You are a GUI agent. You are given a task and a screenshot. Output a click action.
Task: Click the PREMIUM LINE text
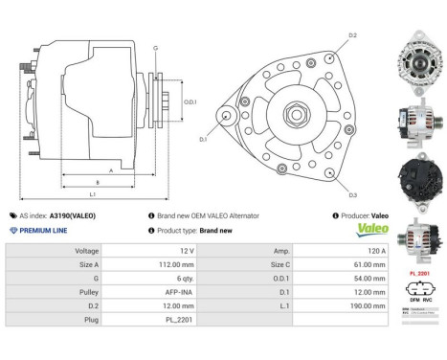42,231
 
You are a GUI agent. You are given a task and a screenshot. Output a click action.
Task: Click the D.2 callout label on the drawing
352,35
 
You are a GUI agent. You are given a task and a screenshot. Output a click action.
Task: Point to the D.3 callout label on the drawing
352,194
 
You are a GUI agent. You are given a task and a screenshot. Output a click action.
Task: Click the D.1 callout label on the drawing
203,140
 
